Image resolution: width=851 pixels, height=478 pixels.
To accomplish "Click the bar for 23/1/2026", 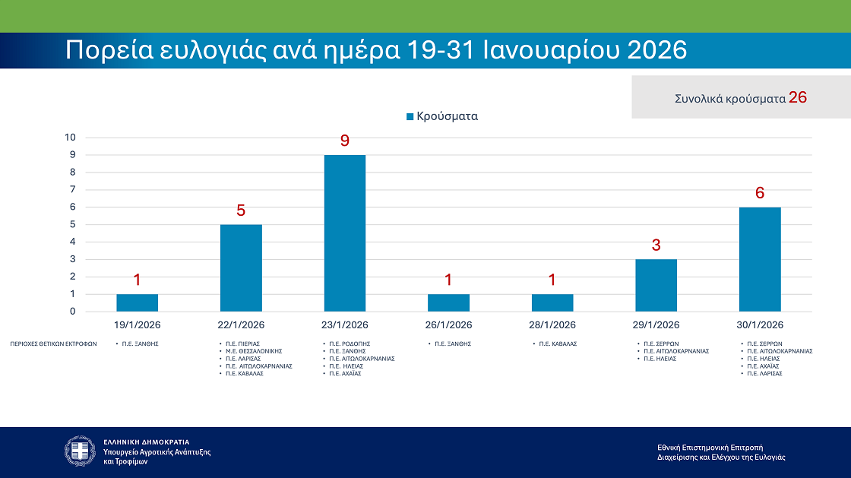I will point(344,233).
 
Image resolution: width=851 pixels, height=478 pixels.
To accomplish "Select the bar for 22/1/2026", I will point(241,267).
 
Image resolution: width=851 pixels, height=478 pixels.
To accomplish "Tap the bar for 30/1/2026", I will point(759,259).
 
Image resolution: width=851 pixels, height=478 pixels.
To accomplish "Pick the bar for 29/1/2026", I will point(656,285).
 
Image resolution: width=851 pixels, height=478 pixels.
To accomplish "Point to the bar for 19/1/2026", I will point(137,302).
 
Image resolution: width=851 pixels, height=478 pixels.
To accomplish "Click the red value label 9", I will point(344,141).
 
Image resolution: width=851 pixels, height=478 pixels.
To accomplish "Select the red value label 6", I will point(759,193).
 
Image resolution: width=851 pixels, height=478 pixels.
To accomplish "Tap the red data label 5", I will point(241,211).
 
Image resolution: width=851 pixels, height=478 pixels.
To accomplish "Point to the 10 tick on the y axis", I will point(71,138).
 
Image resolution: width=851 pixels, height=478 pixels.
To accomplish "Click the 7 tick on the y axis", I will point(73,190).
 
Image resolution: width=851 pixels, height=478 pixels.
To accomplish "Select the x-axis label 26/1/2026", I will point(448,324).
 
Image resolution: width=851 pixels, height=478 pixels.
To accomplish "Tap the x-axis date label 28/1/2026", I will point(552,324).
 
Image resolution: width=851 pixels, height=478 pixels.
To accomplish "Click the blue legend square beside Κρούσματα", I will point(410,117).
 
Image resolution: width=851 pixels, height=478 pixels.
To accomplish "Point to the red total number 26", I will point(797,97).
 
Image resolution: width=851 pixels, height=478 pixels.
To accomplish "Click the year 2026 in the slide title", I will point(657,50).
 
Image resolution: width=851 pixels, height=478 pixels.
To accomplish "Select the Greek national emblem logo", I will point(80,451).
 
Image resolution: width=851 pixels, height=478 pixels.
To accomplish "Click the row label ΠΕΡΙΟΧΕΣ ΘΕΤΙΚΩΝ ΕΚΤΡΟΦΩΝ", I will point(53,343).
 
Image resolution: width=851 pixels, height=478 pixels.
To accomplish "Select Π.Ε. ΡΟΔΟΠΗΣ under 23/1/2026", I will point(349,343).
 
